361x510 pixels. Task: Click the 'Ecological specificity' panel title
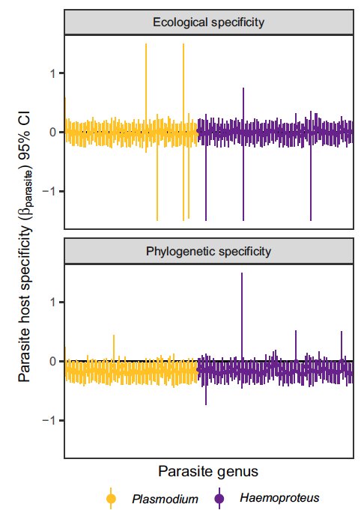click(208, 22)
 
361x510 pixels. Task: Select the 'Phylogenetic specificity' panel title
click(208, 252)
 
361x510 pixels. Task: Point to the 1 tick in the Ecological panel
click(53, 73)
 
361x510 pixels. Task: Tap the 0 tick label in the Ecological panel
click(53, 132)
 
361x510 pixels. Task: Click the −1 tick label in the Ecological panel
click(50, 192)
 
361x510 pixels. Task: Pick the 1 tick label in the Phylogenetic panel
click(53, 302)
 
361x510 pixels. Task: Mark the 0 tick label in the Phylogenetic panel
click(53, 361)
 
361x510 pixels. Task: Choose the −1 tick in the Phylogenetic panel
click(50, 421)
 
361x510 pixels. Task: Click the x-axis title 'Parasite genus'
click(208, 471)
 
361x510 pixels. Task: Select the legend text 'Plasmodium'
click(165, 498)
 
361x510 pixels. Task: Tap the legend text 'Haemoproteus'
click(279, 497)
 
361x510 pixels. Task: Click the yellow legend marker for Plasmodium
click(112, 498)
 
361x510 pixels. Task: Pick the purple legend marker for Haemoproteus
click(220, 498)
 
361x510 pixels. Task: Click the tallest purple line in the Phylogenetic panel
click(242, 315)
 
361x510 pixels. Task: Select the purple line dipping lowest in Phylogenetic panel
click(206, 393)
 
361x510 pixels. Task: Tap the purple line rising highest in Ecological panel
click(243, 105)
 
